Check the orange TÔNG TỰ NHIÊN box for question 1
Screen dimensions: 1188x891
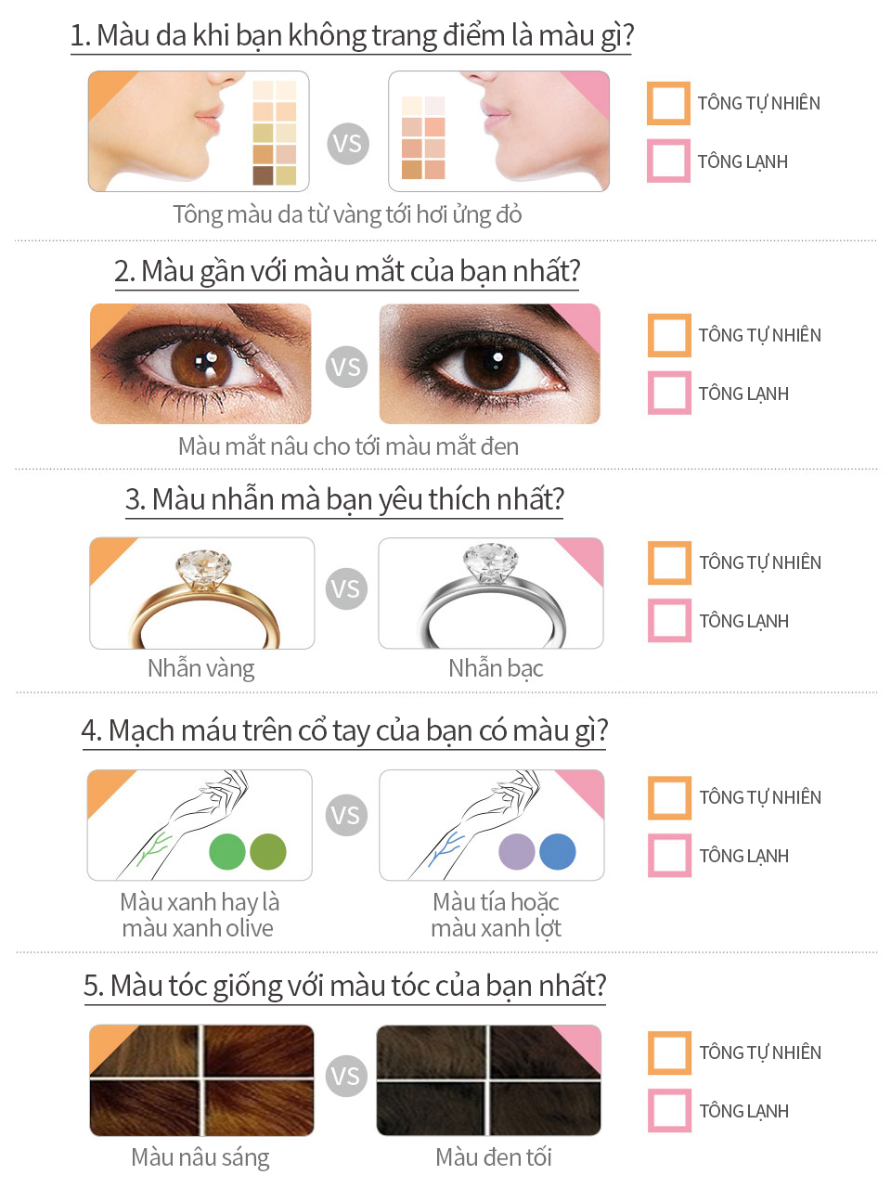(x=668, y=103)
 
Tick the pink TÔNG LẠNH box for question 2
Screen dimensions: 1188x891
(x=669, y=393)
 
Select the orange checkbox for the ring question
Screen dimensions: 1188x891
(x=669, y=562)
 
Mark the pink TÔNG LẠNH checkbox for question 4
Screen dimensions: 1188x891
(x=669, y=856)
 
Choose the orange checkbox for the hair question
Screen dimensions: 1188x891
(x=669, y=1052)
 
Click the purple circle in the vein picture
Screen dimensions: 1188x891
(x=517, y=851)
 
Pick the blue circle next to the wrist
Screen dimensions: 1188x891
(x=558, y=851)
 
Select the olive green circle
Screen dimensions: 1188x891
(x=268, y=851)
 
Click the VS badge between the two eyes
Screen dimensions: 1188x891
(x=346, y=367)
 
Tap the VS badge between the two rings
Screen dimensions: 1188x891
(x=346, y=589)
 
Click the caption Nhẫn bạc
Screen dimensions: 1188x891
(x=496, y=668)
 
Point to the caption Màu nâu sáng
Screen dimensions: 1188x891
(x=200, y=1157)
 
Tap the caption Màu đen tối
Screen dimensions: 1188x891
(x=494, y=1157)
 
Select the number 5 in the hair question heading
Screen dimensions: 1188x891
(x=91, y=986)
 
